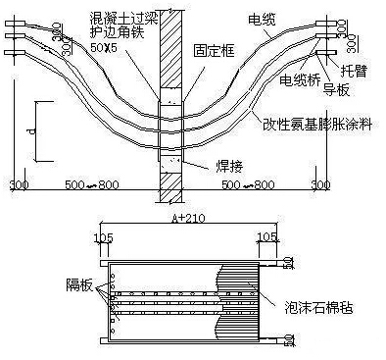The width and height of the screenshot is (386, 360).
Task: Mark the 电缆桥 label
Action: (300, 80)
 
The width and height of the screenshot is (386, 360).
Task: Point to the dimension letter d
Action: (30, 129)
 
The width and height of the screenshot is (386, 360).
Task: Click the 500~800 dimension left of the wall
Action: (93, 183)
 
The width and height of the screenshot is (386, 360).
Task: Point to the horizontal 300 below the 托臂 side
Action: (320, 183)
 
